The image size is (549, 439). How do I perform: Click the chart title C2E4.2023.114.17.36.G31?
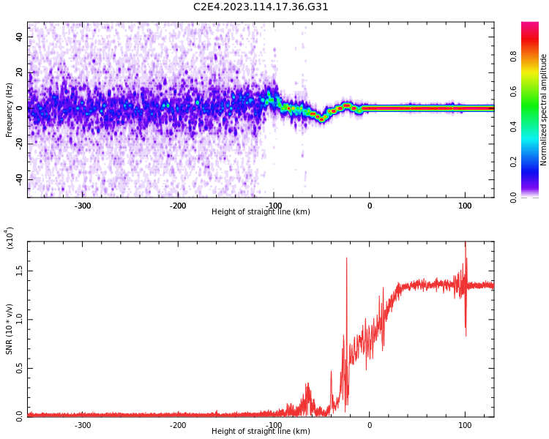point(261,7)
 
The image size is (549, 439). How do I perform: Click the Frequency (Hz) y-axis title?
point(10,110)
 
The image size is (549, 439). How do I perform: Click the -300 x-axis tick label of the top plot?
point(83,206)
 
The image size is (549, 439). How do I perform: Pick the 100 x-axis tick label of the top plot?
point(465,206)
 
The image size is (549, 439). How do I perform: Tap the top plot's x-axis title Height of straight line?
point(261,212)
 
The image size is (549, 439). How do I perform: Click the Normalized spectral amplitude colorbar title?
point(544,110)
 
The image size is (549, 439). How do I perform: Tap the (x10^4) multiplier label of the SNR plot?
point(10,238)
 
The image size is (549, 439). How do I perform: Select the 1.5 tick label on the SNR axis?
point(19,270)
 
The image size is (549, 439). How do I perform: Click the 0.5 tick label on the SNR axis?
point(19,367)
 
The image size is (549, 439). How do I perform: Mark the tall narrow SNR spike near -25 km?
point(347,263)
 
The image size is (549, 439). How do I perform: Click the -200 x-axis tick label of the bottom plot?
point(178,425)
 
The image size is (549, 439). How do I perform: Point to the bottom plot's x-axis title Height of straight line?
point(261,432)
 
